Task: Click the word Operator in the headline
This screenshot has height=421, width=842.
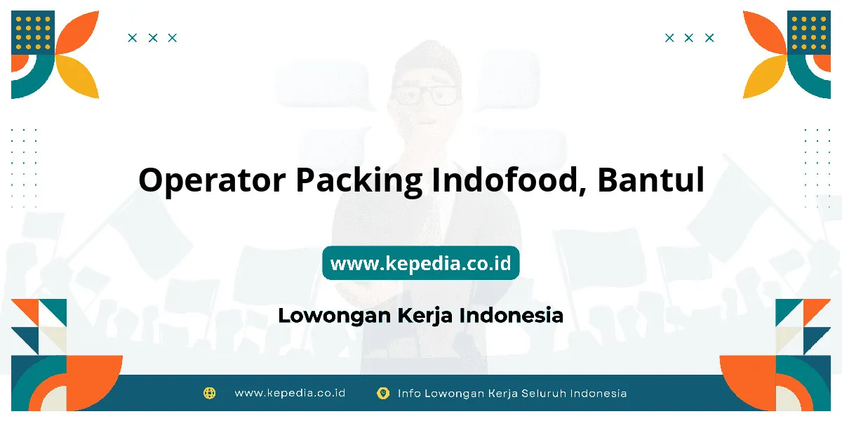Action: pos(212,181)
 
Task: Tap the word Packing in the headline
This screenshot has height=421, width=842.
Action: pos(359,181)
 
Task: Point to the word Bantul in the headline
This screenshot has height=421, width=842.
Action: pos(650,180)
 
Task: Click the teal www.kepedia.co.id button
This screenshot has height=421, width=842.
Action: pos(420,262)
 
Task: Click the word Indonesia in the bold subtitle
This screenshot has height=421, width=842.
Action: pos(512,315)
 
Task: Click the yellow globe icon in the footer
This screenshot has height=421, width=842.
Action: pos(209,393)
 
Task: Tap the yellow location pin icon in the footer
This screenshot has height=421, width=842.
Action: pos(383,393)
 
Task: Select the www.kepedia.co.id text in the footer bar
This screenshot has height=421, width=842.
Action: pos(290,393)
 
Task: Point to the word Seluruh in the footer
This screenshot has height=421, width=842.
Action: pos(544,394)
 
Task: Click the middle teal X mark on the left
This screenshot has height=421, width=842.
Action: pos(153,38)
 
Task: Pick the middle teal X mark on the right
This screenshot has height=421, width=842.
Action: pos(688,38)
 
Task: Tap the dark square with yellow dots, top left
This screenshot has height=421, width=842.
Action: pos(33,33)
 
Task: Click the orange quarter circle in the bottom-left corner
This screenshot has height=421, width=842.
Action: pos(94,383)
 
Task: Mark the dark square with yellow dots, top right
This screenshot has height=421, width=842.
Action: pos(809,33)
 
